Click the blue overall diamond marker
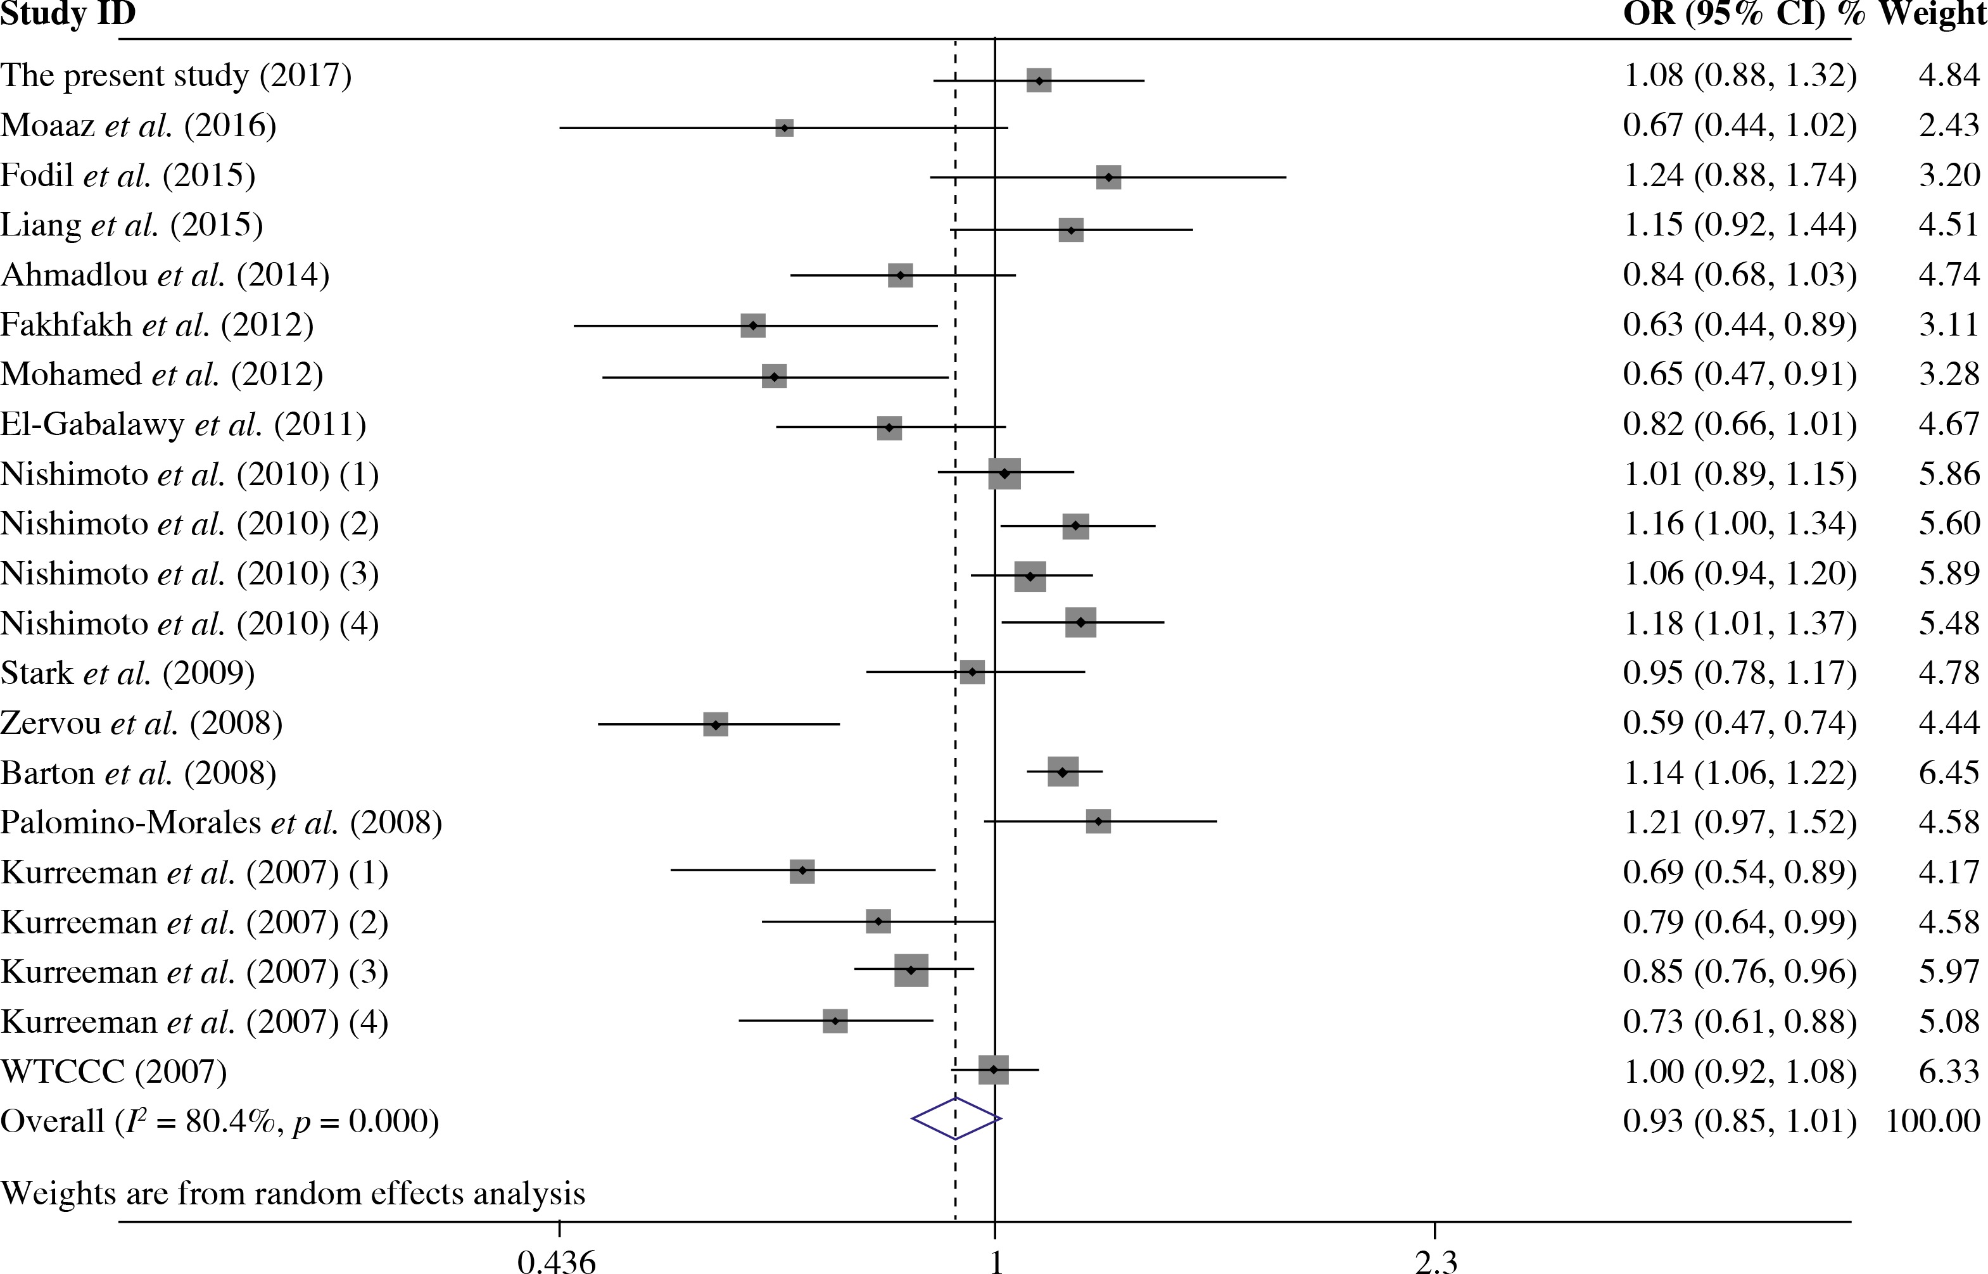click(x=956, y=1119)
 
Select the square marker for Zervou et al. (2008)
click(x=716, y=724)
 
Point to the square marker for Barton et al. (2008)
click(x=1063, y=772)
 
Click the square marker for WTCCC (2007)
click(x=994, y=1069)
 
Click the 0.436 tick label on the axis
click(x=557, y=1263)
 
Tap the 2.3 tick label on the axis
click(x=1435, y=1263)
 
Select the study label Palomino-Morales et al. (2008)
click(x=222, y=823)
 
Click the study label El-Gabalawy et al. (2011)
click(x=184, y=424)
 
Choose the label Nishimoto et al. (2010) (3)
click(x=190, y=573)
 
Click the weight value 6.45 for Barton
click(x=1949, y=773)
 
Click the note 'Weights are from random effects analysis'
click(x=293, y=1194)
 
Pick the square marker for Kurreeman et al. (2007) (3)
click(x=911, y=971)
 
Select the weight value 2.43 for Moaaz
click(x=1949, y=126)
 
